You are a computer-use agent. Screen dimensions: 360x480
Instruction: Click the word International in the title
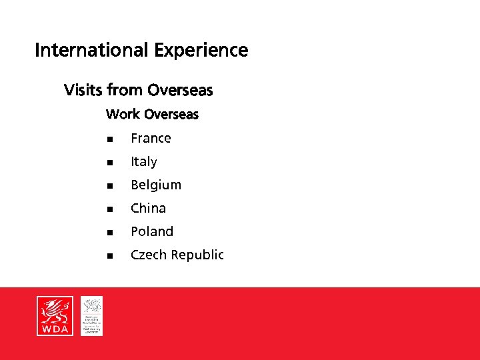92,51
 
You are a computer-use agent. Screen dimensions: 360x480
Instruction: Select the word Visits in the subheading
83,89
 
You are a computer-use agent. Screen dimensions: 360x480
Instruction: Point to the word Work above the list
123,114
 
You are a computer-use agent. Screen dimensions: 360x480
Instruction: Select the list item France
151,138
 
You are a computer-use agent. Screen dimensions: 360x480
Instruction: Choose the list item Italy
143,161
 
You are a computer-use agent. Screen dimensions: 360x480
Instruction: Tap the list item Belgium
155,185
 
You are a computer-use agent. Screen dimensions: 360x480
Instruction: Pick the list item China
148,208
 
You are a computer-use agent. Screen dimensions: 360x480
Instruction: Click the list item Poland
151,231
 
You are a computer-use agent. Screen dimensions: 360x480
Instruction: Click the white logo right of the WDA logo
91,316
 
